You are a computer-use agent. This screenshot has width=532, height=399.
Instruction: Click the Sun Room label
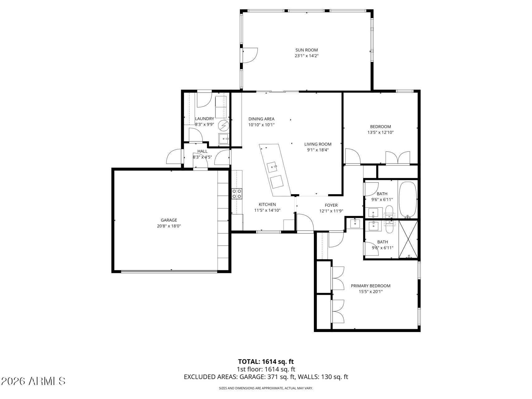click(306, 50)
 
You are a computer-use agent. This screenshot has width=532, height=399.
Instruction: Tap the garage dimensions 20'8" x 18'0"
click(169, 226)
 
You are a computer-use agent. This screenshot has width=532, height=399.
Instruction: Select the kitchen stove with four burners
click(237, 194)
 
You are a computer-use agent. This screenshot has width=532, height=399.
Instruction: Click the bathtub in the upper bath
click(408, 199)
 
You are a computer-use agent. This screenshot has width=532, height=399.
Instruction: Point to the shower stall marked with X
click(408, 239)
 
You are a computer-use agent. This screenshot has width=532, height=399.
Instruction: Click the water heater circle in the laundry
click(223, 125)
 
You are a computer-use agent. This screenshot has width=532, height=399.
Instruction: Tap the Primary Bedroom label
click(370, 286)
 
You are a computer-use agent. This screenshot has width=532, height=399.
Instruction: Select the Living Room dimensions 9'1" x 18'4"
click(318, 150)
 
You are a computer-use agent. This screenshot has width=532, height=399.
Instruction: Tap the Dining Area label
click(261, 119)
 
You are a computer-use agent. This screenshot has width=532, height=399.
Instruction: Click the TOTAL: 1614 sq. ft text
click(266, 362)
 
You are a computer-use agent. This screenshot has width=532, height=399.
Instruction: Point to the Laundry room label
click(204, 118)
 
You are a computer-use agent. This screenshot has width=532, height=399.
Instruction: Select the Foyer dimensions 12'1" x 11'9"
click(331, 211)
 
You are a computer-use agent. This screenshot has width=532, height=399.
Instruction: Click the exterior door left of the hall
click(174, 156)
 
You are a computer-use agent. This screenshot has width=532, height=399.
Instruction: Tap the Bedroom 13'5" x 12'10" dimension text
click(380, 132)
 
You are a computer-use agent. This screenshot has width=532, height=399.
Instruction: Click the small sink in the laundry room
click(224, 138)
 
